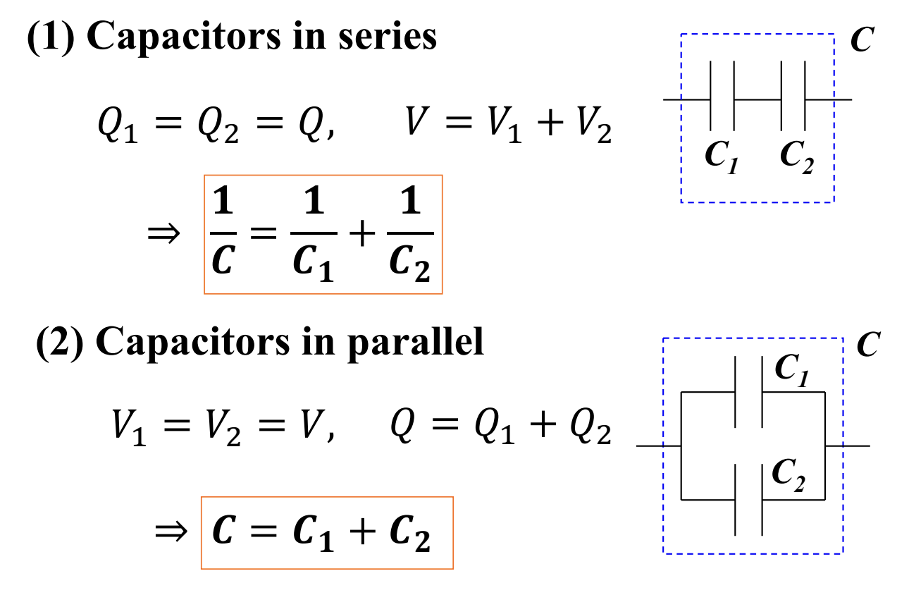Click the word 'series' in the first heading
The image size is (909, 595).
(x=388, y=37)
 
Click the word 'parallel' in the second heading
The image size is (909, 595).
(x=416, y=343)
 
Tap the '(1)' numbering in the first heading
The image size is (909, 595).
(x=51, y=37)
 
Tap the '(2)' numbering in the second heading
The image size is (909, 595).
(x=60, y=342)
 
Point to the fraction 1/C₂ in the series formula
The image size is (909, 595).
(x=410, y=233)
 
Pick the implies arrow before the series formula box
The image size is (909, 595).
(x=163, y=234)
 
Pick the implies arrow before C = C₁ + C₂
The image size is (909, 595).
(x=171, y=532)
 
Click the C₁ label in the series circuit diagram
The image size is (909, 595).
(x=722, y=157)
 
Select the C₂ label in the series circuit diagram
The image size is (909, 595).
(x=796, y=157)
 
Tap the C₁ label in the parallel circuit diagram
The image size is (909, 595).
(x=792, y=369)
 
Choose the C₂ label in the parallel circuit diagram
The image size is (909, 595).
(x=789, y=475)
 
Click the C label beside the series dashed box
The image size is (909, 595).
(x=862, y=39)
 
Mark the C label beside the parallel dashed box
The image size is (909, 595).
(x=868, y=344)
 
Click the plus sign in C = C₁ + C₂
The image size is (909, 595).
(x=362, y=532)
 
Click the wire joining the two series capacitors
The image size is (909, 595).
(x=757, y=99)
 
